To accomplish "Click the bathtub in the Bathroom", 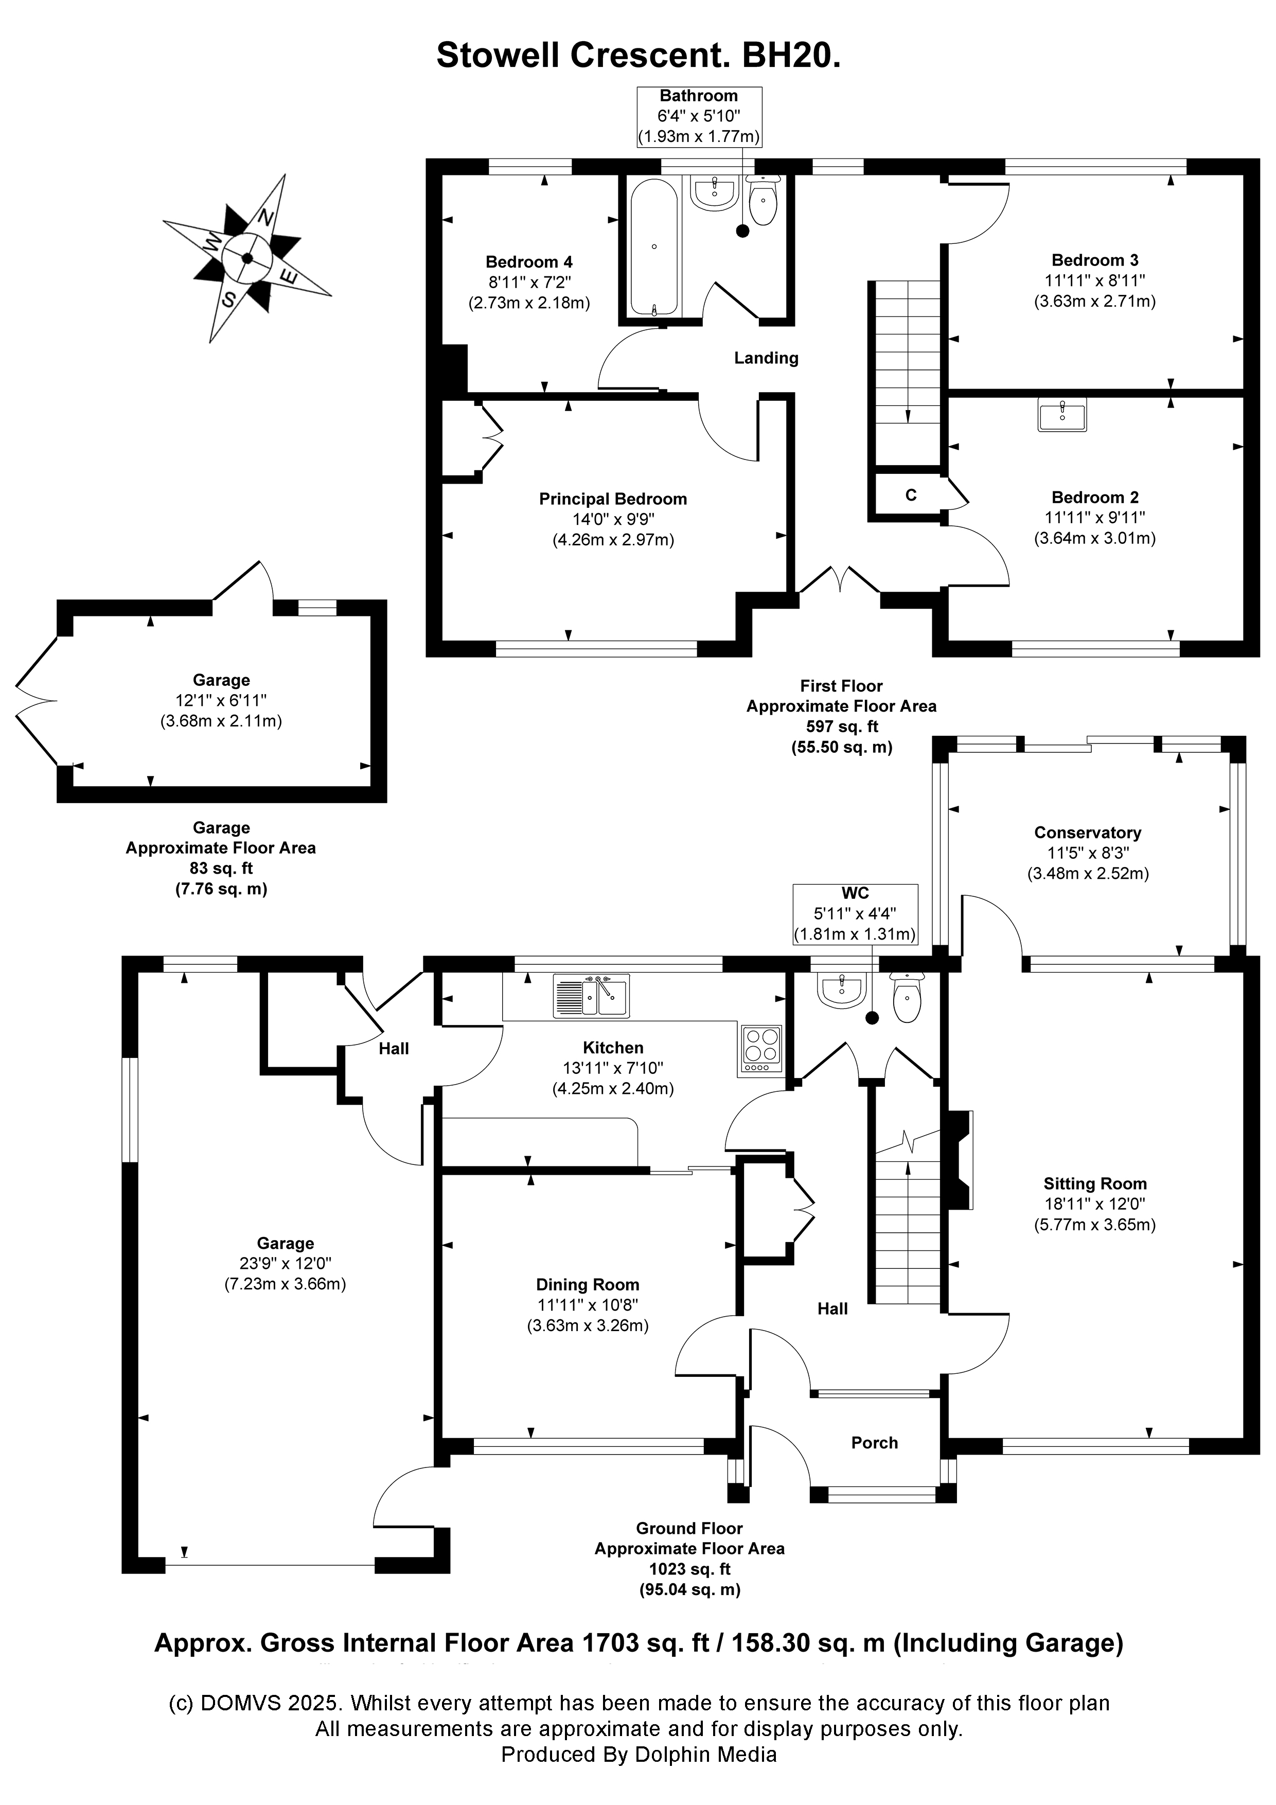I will (x=654, y=247).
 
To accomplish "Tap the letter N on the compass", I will (x=267, y=217).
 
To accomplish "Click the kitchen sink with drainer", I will (x=591, y=997).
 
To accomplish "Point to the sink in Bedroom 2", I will (x=1062, y=414).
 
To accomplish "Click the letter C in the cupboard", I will (x=910, y=496).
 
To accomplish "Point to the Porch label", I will (x=874, y=1443).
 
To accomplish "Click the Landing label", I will (x=766, y=359).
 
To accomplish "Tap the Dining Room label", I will (x=587, y=1285).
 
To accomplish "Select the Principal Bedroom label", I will (x=612, y=499).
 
